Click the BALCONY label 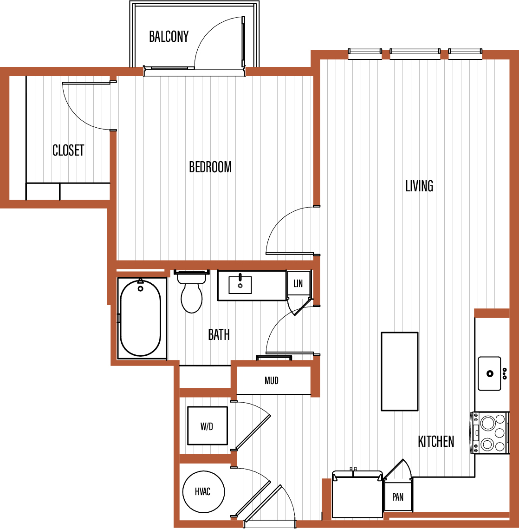pyautogui.click(x=169, y=36)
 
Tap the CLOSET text pyautogui.click(x=68, y=150)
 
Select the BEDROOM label pyautogui.click(x=210, y=167)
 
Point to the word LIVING pyautogui.click(x=419, y=186)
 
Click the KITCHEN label pyautogui.click(x=436, y=441)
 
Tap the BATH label pyautogui.click(x=219, y=335)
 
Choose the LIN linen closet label pyautogui.click(x=298, y=283)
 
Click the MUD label pyautogui.click(x=272, y=380)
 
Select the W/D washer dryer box pyautogui.click(x=208, y=426)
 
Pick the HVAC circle pyautogui.click(x=204, y=491)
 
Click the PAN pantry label pyautogui.click(x=398, y=497)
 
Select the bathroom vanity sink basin pyautogui.click(x=240, y=285)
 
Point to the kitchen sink pyautogui.click(x=489, y=373)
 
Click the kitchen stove pyautogui.click(x=490, y=433)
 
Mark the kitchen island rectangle pyautogui.click(x=400, y=372)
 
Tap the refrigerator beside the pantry pyautogui.click(x=357, y=494)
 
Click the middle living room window pyautogui.click(x=415, y=51)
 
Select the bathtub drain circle pyautogui.click(x=141, y=288)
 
